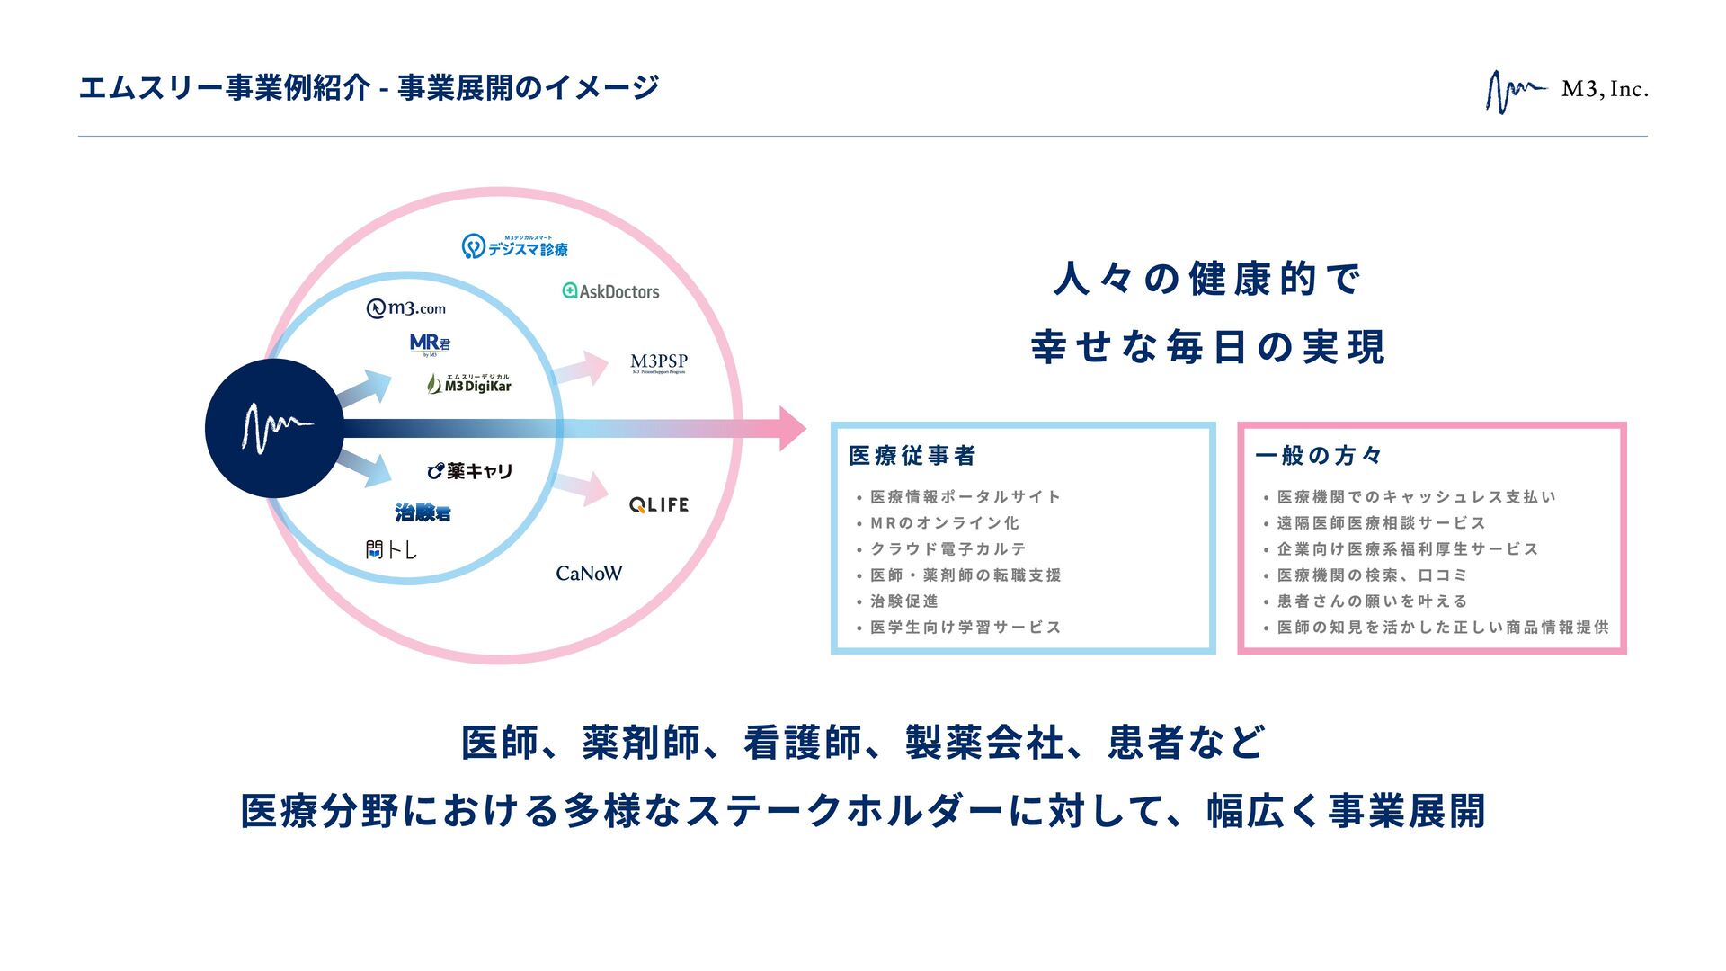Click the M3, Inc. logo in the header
(1566, 91)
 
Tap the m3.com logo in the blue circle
(406, 308)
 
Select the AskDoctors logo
(610, 291)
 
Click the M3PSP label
(658, 362)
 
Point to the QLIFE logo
(659, 505)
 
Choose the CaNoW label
(589, 574)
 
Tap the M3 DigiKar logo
(468, 384)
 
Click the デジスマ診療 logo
(515, 246)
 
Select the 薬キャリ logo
(469, 471)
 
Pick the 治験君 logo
(423, 512)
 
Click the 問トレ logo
(391, 549)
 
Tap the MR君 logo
(430, 343)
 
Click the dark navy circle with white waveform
(274, 428)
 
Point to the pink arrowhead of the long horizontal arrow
(789, 428)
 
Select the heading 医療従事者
(912, 456)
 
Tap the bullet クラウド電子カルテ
(948, 549)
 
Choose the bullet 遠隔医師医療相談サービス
(1381, 523)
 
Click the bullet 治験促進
(903, 601)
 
